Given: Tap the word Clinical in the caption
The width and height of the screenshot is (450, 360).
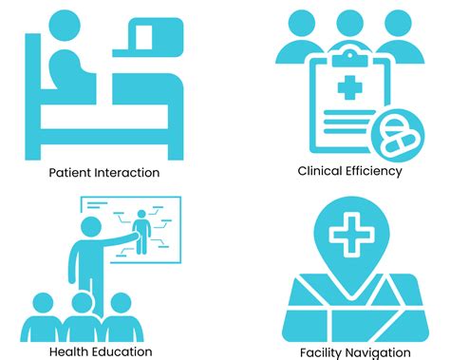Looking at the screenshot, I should point(320,172).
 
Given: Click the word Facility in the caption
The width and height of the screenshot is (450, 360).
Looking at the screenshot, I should point(324,351).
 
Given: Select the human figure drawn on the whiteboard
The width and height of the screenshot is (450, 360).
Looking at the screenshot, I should point(143,231).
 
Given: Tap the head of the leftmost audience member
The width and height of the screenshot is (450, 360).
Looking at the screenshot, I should point(44,305).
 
